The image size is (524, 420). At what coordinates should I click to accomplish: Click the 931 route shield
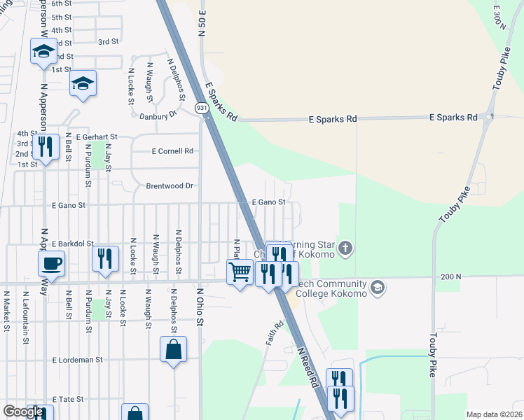click(202, 108)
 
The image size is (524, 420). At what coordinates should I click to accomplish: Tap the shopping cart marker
click(240, 272)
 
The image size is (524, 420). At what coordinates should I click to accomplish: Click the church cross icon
click(345, 248)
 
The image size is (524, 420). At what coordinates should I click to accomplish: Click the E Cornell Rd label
click(172, 151)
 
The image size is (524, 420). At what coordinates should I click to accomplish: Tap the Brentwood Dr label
click(169, 186)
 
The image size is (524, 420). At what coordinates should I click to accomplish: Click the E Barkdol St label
click(72, 243)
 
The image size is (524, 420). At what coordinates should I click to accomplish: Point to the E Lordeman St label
click(78, 360)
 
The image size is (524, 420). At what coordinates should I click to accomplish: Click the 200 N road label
click(451, 277)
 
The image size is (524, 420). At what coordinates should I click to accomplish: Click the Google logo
click(23, 412)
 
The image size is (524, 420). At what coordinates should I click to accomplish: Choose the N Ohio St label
click(199, 307)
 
